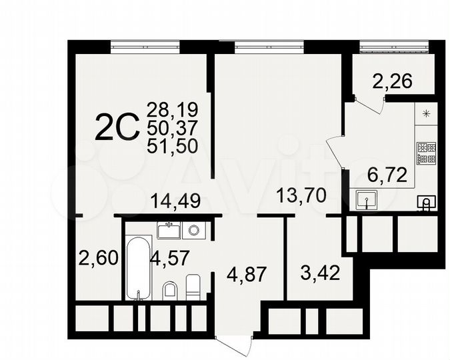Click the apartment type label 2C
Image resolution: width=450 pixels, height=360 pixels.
117,127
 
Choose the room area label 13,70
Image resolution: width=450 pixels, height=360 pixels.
300,195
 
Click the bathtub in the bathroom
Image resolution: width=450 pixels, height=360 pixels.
137,267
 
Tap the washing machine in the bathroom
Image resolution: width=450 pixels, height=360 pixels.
194,231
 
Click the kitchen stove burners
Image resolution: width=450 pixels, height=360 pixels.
425,153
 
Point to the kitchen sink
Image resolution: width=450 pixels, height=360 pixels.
365,198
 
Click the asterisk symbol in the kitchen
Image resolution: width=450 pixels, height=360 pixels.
426,113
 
